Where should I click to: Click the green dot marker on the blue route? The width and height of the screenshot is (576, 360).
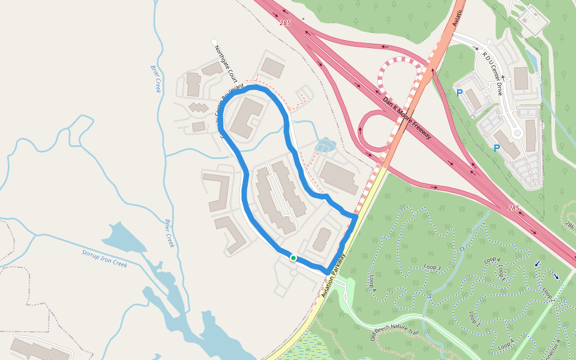coord(293,258)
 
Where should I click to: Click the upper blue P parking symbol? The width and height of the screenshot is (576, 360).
coord(460,93)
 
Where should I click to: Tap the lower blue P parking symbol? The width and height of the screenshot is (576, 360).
coord(497,148)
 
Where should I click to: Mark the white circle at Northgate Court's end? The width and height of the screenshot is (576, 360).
coord(214,42)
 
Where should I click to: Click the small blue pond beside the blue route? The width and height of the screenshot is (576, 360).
coord(325,145)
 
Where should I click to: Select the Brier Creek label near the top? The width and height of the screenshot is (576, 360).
coord(154,78)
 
